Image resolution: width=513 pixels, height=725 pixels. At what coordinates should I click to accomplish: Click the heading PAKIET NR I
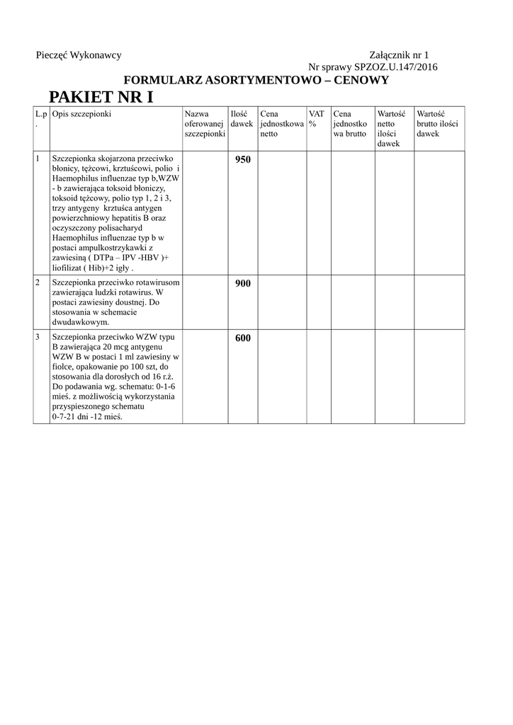(x=100, y=97)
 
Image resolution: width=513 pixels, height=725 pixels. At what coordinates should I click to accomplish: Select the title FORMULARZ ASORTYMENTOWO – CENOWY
(x=256, y=81)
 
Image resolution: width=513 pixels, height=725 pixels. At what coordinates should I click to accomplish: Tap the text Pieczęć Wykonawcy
(x=79, y=55)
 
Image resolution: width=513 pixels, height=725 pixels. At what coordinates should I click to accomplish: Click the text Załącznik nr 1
(x=399, y=55)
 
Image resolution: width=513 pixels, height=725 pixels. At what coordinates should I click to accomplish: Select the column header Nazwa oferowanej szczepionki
(x=204, y=124)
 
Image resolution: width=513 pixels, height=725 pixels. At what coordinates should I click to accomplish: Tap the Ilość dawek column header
(x=242, y=119)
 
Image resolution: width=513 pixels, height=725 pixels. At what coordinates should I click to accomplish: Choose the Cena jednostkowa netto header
(x=281, y=124)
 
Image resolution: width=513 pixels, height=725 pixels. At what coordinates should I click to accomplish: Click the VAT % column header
(x=316, y=119)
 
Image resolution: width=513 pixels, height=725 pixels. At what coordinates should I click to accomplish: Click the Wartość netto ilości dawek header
(x=391, y=128)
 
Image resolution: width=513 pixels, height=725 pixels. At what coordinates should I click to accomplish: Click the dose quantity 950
(x=242, y=160)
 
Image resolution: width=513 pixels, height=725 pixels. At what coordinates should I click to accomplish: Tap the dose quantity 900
(x=242, y=284)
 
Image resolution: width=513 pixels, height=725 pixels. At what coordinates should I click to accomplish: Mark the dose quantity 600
(x=242, y=338)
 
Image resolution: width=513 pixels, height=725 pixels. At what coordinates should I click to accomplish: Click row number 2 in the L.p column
(x=38, y=282)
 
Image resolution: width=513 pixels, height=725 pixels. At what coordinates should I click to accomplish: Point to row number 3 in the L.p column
(x=38, y=337)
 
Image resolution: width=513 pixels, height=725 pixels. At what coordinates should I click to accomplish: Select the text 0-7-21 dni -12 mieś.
(x=87, y=418)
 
